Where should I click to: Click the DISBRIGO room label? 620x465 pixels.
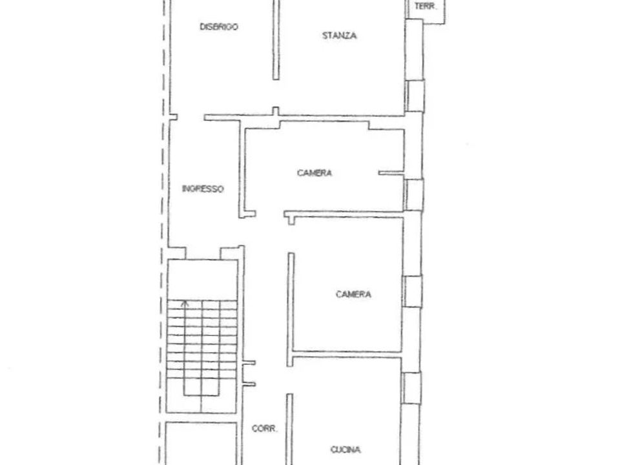219,27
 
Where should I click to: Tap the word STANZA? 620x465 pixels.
340,36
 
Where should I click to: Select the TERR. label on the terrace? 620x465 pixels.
426,6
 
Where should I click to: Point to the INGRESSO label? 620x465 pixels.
203,189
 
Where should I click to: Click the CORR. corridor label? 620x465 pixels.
265,428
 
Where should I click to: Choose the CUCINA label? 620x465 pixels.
346,449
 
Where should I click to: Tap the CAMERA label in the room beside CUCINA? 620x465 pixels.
353,294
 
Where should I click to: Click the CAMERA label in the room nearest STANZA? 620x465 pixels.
315,173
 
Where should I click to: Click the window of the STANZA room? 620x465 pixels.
415,96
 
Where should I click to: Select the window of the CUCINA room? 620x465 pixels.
411,388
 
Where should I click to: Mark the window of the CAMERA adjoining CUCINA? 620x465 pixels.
413,291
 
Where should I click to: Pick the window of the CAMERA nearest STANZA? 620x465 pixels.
413,194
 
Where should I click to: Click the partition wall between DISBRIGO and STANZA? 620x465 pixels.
276,39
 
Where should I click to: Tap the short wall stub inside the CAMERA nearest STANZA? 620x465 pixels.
391,173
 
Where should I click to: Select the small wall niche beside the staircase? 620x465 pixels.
249,373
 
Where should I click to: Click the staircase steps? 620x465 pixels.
201,348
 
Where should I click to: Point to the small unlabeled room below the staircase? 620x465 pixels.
201,443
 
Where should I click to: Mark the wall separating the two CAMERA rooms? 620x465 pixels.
344,214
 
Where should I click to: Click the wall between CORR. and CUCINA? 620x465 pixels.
289,429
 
